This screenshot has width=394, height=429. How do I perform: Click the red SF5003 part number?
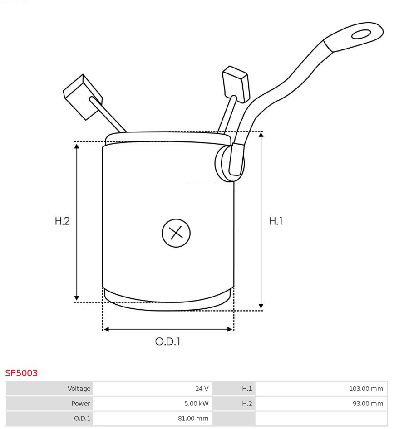tap(21, 373)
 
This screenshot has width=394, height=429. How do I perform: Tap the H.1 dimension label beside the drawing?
tap(276, 221)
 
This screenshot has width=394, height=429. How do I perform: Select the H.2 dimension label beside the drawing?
tap(62, 221)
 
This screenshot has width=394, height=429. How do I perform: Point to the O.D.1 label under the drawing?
tap(167, 341)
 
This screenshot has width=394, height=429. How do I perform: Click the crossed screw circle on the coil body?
tap(176, 233)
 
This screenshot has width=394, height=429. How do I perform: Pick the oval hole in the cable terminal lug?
tap(361, 34)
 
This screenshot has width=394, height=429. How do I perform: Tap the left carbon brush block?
tap(83, 97)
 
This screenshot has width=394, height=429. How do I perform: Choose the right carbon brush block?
tap(236, 84)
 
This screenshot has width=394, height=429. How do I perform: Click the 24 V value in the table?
tap(202, 389)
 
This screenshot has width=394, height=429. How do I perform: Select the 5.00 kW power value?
tap(196, 403)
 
